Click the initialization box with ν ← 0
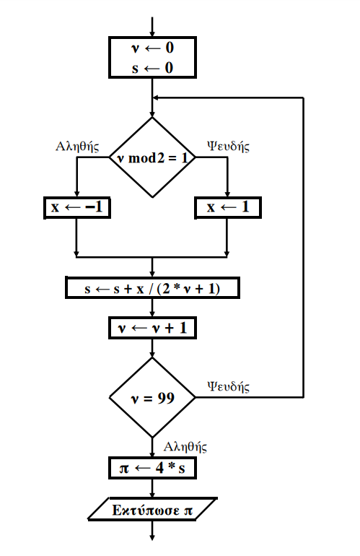(x=152, y=57)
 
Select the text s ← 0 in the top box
(x=152, y=68)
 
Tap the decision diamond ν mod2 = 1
(x=152, y=157)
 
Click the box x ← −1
(x=77, y=207)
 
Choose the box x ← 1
(x=228, y=207)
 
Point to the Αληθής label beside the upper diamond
(x=77, y=146)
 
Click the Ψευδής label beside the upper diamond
(x=228, y=146)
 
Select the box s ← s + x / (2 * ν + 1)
(x=152, y=288)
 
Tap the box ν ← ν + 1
(x=152, y=328)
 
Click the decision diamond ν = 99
(x=152, y=397)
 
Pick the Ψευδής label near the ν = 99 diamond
(x=228, y=386)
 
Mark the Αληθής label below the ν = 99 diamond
(x=185, y=447)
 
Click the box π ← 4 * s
(x=152, y=468)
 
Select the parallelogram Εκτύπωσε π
(x=152, y=510)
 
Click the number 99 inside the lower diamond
(x=166, y=398)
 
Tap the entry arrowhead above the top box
(x=152, y=34)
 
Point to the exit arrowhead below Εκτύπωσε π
(x=152, y=537)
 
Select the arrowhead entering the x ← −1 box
(x=76, y=194)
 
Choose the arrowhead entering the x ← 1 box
(x=227, y=194)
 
